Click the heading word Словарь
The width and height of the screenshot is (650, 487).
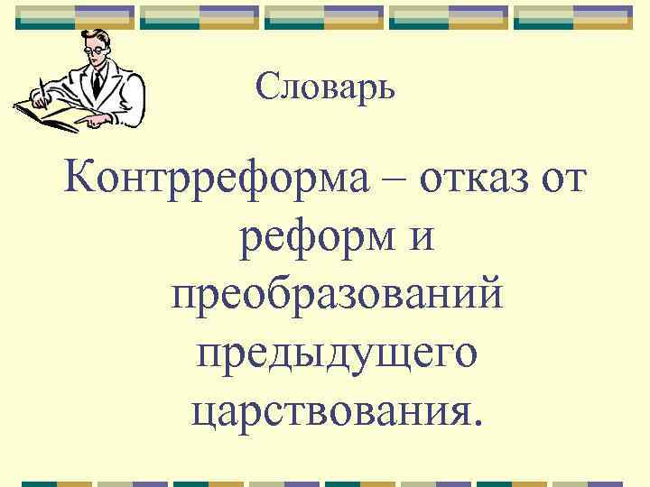(325, 87)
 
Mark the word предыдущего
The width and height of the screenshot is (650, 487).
(335, 354)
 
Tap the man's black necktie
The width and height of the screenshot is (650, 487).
(97, 84)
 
